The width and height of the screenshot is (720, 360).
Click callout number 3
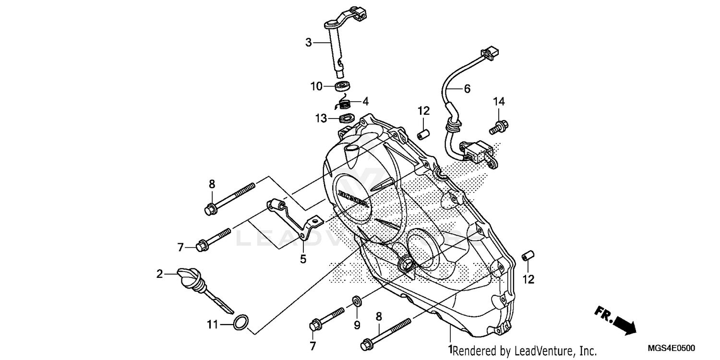[309, 42]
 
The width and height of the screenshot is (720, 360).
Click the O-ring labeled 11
[241, 323]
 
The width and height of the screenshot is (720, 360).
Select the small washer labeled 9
[357, 301]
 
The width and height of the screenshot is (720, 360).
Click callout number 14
[499, 101]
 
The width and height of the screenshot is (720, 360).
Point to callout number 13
[321, 118]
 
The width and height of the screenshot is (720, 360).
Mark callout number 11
[212, 325]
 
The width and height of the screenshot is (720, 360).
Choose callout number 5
[303, 259]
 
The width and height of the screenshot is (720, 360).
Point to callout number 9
[357, 325]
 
